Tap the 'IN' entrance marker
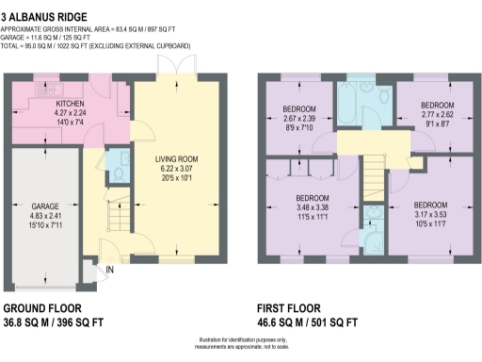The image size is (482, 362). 110,271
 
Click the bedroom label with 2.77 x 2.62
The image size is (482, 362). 436,104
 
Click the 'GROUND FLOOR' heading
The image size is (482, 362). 42,308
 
